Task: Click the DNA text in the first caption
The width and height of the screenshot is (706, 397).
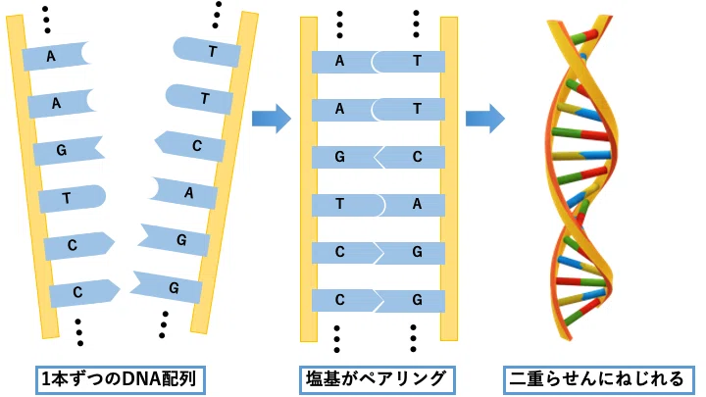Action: point(141,379)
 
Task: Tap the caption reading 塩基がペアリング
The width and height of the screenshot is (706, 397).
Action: point(377,379)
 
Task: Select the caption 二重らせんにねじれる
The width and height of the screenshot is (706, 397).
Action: point(598,379)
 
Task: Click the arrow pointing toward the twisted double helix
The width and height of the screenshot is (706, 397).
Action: point(485,119)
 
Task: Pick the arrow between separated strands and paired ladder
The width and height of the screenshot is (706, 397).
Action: point(272,119)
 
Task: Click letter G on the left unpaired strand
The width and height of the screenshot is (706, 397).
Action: point(62,149)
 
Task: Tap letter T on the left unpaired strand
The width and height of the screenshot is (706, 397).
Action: point(67,198)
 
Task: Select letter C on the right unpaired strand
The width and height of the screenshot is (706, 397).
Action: point(197,146)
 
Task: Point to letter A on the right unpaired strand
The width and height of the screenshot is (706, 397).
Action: point(189,193)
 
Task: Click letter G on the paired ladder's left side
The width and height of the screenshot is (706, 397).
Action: point(340,157)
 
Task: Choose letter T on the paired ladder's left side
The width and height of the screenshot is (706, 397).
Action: point(340,204)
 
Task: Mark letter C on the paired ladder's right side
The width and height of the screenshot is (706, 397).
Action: point(418,157)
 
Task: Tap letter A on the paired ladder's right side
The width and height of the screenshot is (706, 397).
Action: point(418,204)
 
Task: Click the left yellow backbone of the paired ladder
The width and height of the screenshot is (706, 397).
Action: point(309,179)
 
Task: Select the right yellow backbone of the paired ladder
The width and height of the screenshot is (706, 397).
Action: point(449,179)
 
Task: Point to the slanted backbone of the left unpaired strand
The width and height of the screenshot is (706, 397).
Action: point(32,176)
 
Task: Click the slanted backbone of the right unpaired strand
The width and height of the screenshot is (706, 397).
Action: point(225,173)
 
